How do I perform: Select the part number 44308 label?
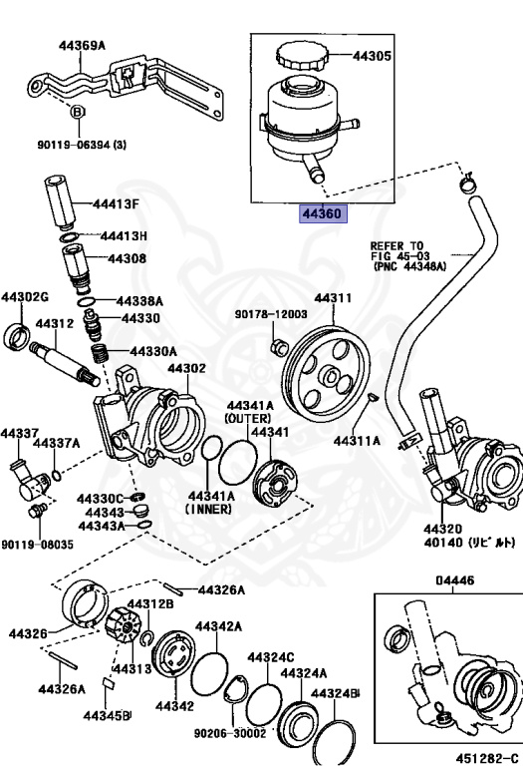(127, 259)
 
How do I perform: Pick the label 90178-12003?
(271, 313)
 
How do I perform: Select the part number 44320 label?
(442, 528)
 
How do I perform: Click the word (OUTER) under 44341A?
(248, 418)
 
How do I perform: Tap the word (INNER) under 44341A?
(209, 508)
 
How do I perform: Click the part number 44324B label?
(335, 692)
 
